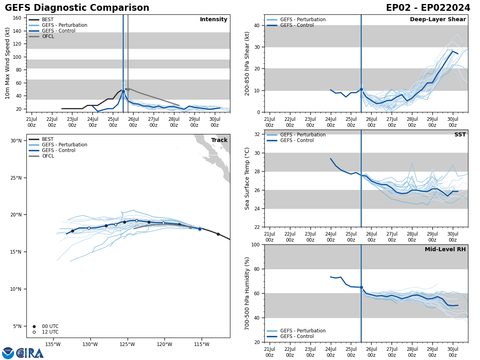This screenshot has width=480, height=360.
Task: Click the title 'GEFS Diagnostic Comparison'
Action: [x=77, y=8]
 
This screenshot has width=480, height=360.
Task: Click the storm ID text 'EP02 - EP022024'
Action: [x=428, y=8]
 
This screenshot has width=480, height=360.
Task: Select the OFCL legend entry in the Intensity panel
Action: [x=48, y=36]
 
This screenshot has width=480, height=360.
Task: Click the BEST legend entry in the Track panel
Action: [x=48, y=139]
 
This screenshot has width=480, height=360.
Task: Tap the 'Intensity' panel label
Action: [x=214, y=20]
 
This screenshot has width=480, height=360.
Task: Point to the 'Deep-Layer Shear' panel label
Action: [x=438, y=20]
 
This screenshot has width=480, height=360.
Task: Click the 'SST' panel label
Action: [x=460, y=135]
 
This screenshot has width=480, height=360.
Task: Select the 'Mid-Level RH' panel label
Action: [x=445, y=250]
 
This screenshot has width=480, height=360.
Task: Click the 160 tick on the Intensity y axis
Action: [x=17, y=18]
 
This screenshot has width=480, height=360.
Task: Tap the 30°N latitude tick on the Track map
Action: [x=16, y=141]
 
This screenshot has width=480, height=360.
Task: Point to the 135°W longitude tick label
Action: [x=53, y=344]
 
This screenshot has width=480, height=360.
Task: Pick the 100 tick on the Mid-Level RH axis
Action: [x=254, y=245]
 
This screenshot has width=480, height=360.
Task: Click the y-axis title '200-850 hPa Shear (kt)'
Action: [x=247, y=63]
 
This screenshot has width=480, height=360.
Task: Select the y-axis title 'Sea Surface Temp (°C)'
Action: [x=247, y=178]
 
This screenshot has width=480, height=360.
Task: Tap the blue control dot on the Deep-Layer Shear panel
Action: [x=361, y=89]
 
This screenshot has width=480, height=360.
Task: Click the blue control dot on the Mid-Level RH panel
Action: [x=361, y=287]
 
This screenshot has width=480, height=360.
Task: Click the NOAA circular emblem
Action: [x=8, y=353]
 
